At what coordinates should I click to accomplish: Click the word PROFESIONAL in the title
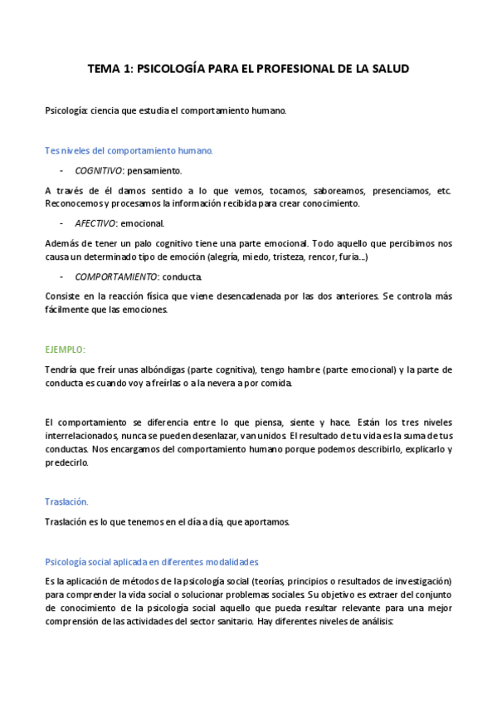coord(285,70)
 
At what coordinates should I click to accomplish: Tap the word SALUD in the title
coord(389,70)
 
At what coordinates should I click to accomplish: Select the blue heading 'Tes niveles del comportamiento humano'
coord(129,151)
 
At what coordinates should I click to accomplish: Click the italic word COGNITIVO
coord(99,170)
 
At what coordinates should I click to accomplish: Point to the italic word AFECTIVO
coord(95,223)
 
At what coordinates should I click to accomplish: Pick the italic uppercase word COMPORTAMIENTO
coord(116,276)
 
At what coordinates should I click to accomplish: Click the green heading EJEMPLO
coord(65,350)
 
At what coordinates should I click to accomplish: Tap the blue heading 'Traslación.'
coord(66,501)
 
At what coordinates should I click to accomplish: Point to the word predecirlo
coord(72,462)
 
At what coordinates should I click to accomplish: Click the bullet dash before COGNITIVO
coord(62,170)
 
